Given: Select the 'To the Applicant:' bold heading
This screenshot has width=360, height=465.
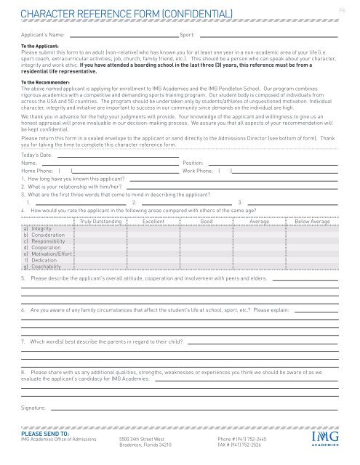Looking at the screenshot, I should pos(41,46).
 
